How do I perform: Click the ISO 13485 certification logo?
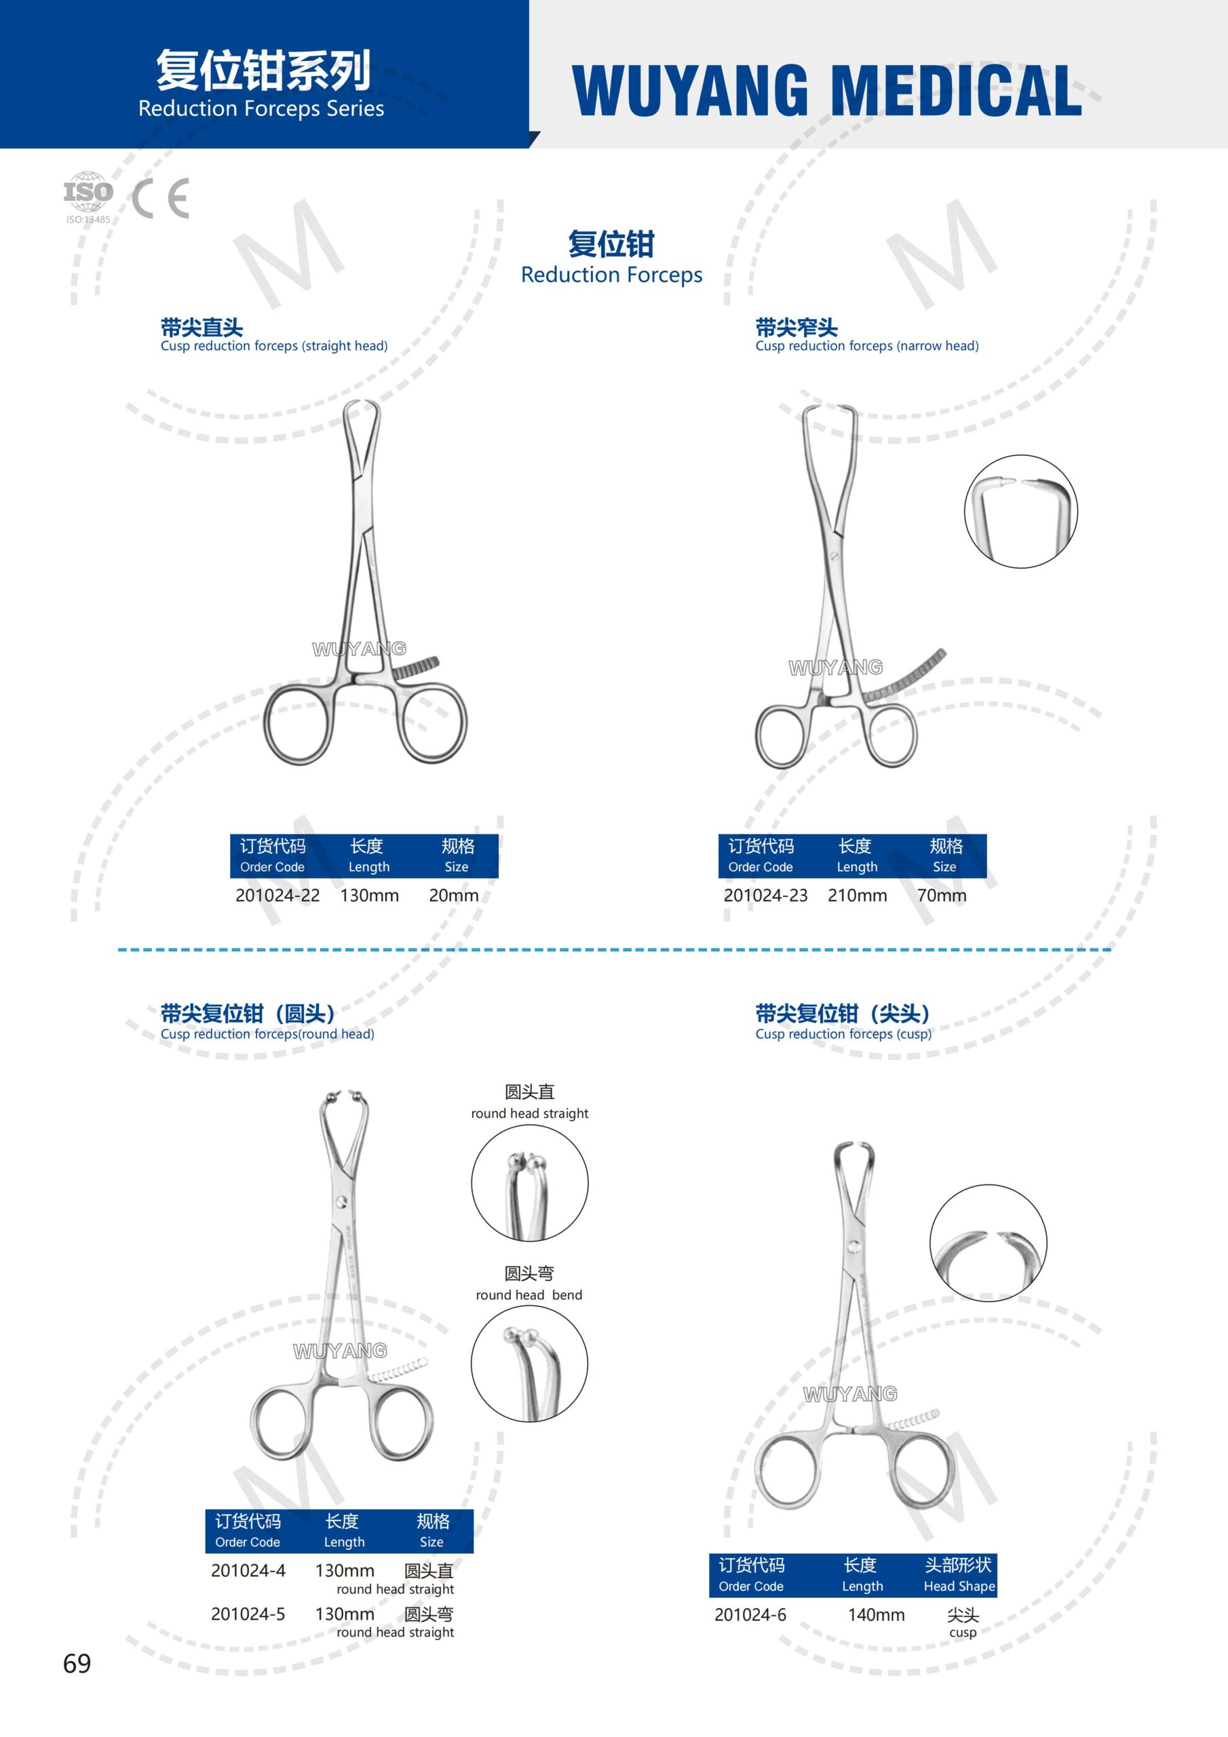(x=88, y=197)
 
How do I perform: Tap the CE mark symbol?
(x=160, y=198)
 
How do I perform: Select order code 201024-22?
(x=277, y=895)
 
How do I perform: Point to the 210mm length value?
(x=858, y=895)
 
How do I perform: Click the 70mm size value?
(x=942, y=895)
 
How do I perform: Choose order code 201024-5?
(x=248, y=1614)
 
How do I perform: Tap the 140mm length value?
(x=876, y=1614)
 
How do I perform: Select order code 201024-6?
(x=750, y=1614)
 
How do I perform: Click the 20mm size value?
(x=454, y=895)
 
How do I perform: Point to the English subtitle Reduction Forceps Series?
(x=261, y=109)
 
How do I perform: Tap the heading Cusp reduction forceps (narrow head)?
(x=867, y=346)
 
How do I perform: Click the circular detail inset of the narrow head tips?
(x=1020, y=512)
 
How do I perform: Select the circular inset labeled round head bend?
(x=530, y=1363)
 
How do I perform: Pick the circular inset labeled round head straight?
(x=530, y=1183)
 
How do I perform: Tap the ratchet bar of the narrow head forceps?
(x=905, y=676)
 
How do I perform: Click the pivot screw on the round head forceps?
(x=342, y=1202)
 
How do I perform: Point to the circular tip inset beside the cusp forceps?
(x=988, y=1243)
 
